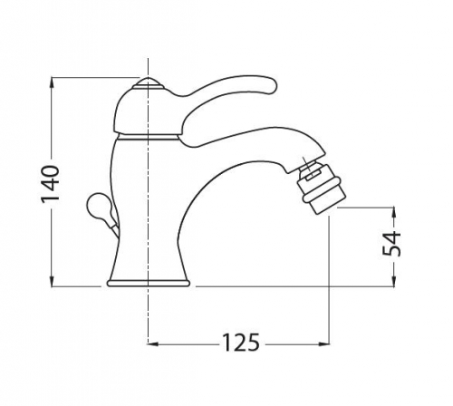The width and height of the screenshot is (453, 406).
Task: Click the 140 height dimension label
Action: [50, 184]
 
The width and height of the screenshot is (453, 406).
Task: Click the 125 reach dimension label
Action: [241, 343]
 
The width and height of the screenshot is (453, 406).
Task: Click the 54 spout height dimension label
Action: [391, 244]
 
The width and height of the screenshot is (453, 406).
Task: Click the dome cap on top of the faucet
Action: [148, 83]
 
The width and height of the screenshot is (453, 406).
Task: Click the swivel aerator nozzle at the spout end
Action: [320, 188]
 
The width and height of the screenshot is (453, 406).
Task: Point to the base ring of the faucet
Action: [148, 284]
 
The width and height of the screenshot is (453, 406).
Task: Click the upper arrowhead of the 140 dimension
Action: [53, 83]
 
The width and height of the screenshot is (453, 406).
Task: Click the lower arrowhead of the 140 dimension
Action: [53, 281]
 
